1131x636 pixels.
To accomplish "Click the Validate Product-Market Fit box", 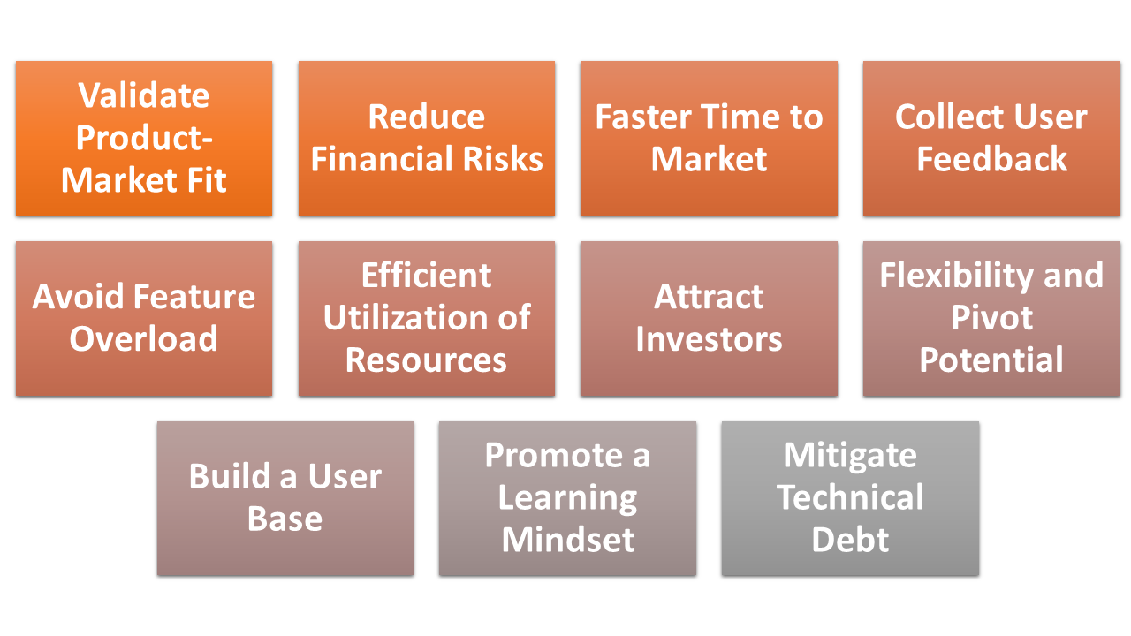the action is (144, 139).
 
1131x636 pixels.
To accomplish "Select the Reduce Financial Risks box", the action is (427, 139).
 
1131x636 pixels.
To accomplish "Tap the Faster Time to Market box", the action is (709, 139).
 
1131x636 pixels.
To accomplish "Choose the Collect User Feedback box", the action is (991, 139).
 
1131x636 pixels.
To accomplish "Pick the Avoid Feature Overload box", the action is (144, 319).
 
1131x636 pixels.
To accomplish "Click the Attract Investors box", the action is (709, 319).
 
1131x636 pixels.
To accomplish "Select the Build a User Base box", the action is (285, 499).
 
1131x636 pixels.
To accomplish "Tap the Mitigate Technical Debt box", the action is (850, 499).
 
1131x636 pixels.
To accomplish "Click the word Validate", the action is (144, 95).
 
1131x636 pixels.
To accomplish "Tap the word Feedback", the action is (991, 159).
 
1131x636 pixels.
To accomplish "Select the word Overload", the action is (144, 338).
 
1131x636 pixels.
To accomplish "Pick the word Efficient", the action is (427, 276).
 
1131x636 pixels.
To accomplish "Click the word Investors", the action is (709, 339).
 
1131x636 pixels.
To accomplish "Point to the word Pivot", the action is (991, 317).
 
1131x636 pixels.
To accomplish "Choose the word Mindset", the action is (568, 540).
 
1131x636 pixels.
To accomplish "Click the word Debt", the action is (850, 540).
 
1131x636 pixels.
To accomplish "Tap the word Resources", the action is (427, 360).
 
